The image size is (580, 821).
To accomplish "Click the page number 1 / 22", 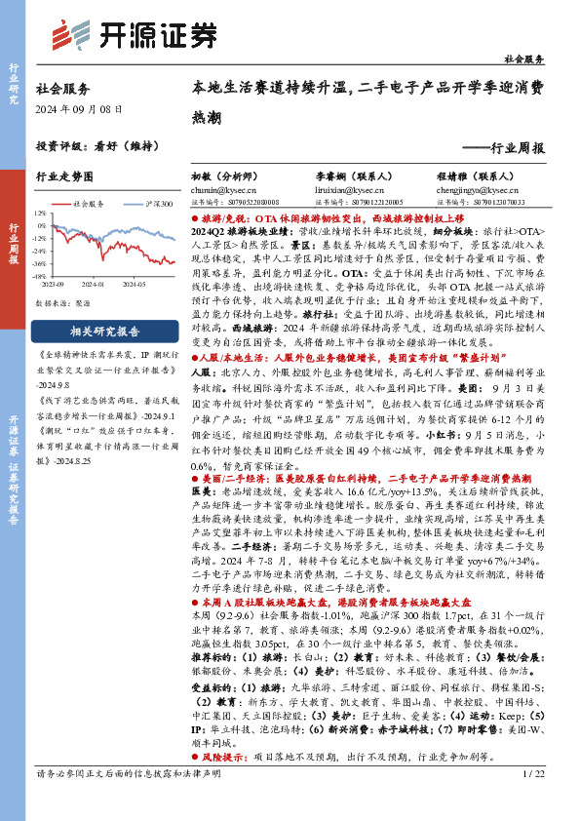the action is [533, 801].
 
